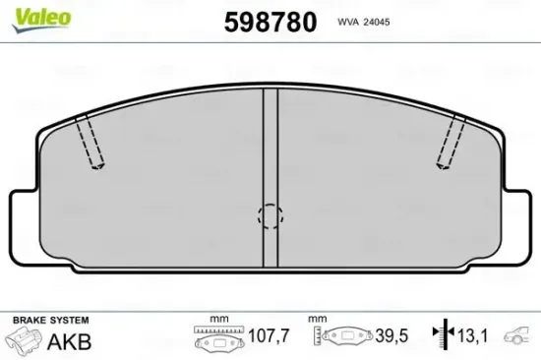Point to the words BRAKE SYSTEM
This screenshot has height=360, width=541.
(49, 322)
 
